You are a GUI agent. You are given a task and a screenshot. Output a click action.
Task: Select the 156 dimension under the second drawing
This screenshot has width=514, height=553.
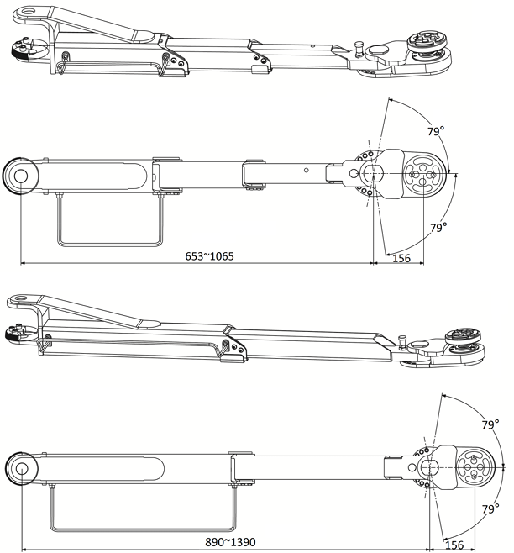point(401,257)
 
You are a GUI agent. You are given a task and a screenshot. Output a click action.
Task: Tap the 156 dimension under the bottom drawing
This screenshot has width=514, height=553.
point(454,545)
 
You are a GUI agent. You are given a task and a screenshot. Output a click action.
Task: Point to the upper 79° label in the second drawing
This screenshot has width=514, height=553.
point(435,131)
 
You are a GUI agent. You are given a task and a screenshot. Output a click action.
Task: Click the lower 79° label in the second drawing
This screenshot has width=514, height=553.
point(438,227)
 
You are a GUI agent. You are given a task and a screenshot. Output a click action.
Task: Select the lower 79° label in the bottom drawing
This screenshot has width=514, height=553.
point(490,509)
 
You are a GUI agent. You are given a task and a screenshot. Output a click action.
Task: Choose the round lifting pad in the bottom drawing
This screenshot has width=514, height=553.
point(476,467)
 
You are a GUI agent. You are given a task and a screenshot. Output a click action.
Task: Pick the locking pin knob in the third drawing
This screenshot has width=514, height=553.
point(403,341)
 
